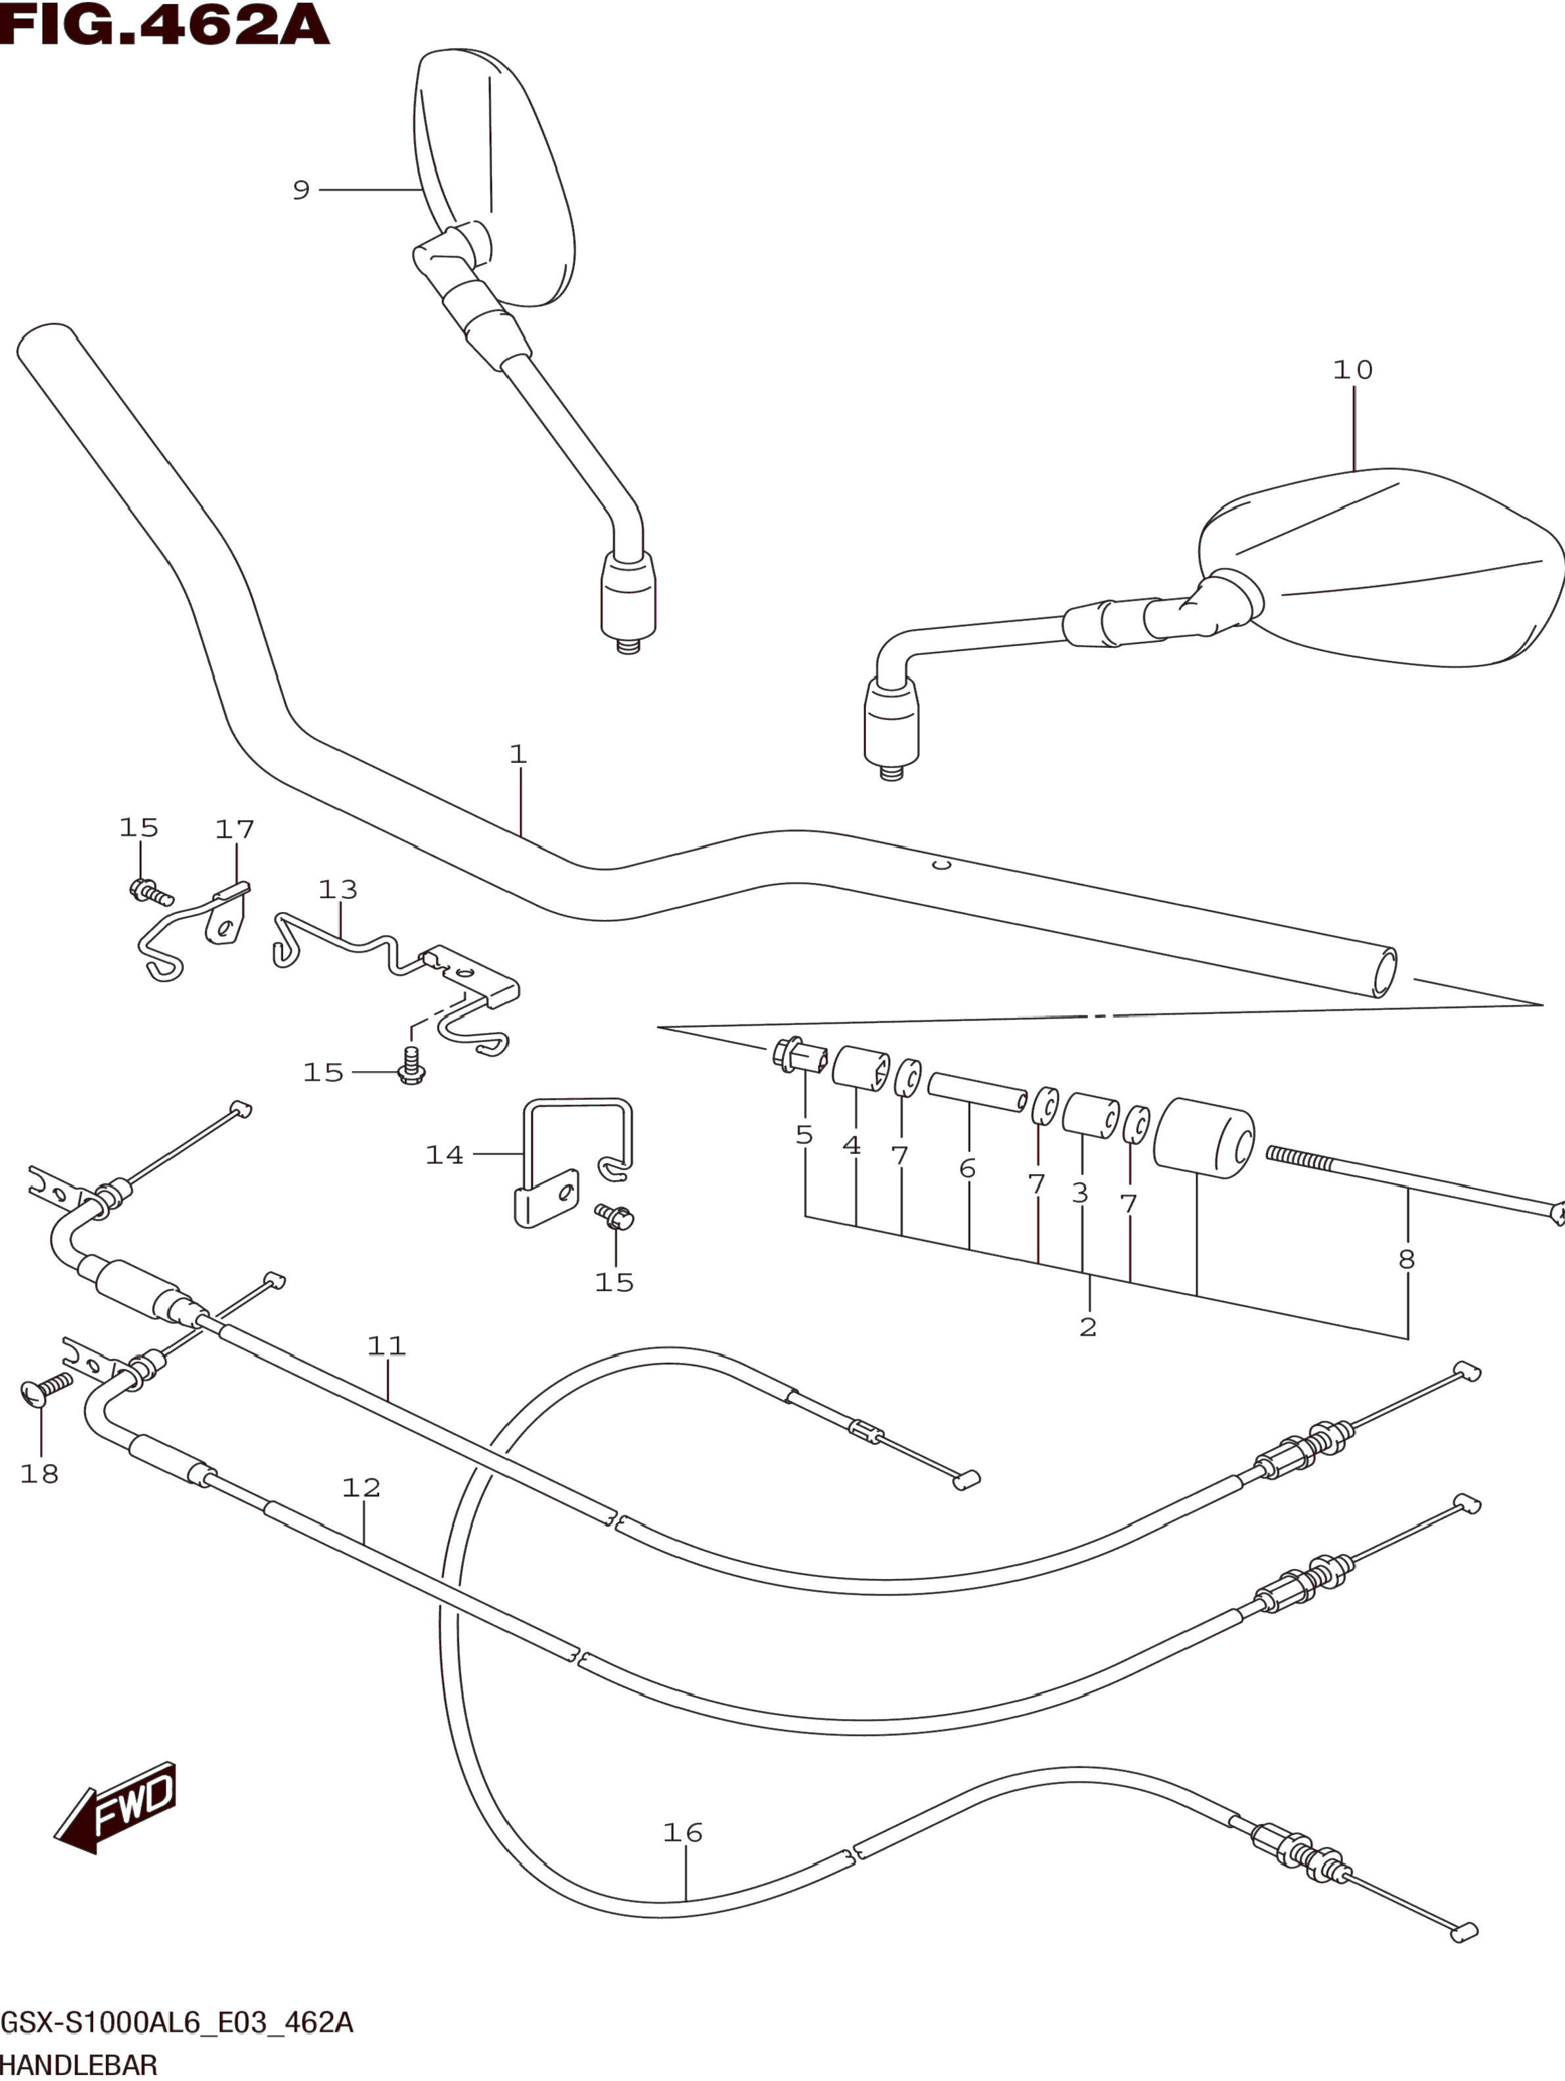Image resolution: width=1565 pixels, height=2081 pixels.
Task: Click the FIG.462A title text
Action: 165,26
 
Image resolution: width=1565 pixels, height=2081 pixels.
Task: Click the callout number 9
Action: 301,190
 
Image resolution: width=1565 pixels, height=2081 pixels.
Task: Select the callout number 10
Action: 1352,370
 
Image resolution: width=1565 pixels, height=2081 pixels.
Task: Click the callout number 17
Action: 235,829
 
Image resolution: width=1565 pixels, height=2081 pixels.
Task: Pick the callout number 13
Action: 338,889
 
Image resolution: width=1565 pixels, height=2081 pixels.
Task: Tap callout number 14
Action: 445,1155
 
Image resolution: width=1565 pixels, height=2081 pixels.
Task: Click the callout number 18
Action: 39,1473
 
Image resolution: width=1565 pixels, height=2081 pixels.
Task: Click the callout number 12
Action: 361,1488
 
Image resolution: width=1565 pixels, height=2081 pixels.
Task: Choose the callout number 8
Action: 1406,1259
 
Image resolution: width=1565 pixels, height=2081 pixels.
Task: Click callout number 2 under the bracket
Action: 1088,1327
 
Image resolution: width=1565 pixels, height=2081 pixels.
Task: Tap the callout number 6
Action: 968,1168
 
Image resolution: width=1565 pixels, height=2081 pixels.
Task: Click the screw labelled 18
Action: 47,1388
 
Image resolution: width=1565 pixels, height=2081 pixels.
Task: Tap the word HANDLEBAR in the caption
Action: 79,2066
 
